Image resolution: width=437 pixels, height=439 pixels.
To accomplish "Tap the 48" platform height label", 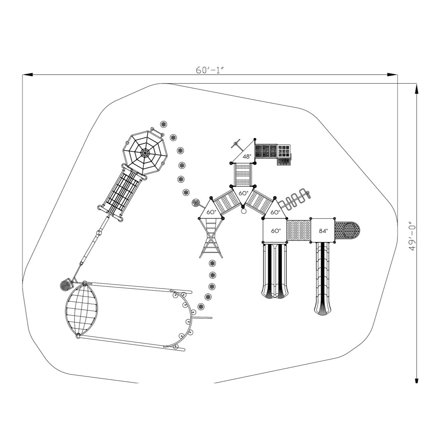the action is [247, 157].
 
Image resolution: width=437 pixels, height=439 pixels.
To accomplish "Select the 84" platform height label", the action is [323, 231].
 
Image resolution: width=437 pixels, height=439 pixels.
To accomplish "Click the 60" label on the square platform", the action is [275, 231].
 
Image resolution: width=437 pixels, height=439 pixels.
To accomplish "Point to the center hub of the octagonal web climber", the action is [144, 153].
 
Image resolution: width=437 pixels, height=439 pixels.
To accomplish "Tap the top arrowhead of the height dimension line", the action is [416, 89].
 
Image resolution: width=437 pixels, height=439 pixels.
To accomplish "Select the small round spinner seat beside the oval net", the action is [65, 285].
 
